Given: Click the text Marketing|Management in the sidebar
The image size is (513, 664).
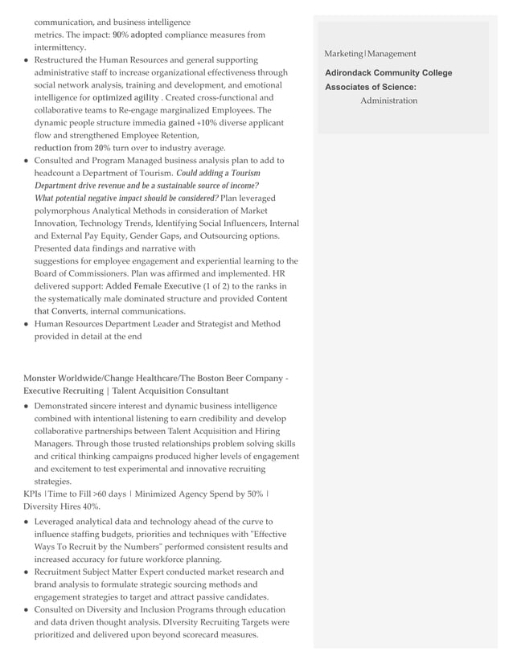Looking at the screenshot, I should tap(370, 54).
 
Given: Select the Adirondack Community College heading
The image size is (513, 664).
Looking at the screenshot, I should tap(388, 73).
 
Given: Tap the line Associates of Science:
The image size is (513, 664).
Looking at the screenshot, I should tap(371, 87).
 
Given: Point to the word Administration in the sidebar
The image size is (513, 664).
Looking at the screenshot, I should tap(388, 100).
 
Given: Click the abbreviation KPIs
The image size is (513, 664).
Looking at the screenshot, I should tap(32, 494).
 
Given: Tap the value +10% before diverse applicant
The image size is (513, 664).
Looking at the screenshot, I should tap(207, 123).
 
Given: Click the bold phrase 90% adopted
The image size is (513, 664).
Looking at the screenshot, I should tap(137, 35).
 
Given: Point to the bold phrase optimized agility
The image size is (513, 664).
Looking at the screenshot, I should tap(125, 98).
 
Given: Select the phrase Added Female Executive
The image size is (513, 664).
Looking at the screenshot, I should tap(153, 286).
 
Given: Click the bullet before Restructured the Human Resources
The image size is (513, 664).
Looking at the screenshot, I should tap(27, 60).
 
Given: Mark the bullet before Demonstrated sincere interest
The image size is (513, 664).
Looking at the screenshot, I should tap(27, 407).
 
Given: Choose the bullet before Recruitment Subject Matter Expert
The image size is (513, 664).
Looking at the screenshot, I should tap(27, 572).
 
